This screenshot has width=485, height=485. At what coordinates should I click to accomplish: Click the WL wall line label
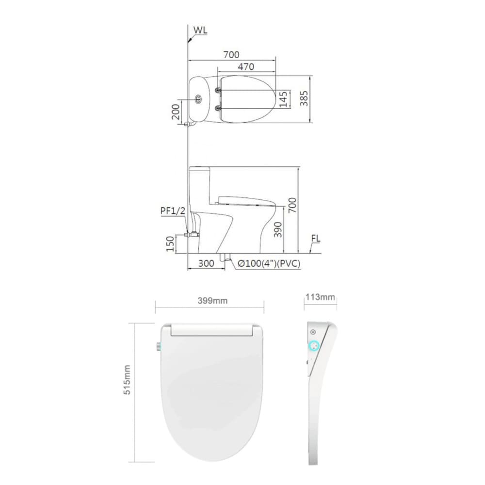(x=201, y=30)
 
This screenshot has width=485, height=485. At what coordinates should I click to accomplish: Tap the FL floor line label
(x=316, y=239)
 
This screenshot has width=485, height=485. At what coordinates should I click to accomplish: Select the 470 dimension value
(x=246, y=67)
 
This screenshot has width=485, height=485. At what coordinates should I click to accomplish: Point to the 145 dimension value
(x=284, y=99)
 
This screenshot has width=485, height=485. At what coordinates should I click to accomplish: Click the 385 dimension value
(x=304, y=99)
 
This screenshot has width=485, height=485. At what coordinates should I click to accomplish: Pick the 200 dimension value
(x=176, y=112)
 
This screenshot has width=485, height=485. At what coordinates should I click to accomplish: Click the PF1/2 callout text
(x=173, y=211)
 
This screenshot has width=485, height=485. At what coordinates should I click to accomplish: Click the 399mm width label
(x=212, y=301)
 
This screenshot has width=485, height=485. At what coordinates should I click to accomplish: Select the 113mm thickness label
(x=320, y=297)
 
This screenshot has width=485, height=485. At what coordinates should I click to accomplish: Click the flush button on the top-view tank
(x=199, y=99)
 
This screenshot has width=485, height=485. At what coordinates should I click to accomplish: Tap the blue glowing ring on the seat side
(x=314, y=346)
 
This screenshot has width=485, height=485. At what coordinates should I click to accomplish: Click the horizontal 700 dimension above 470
(x=231, y=55)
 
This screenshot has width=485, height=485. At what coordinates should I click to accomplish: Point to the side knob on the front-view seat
(x=159, y=346)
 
